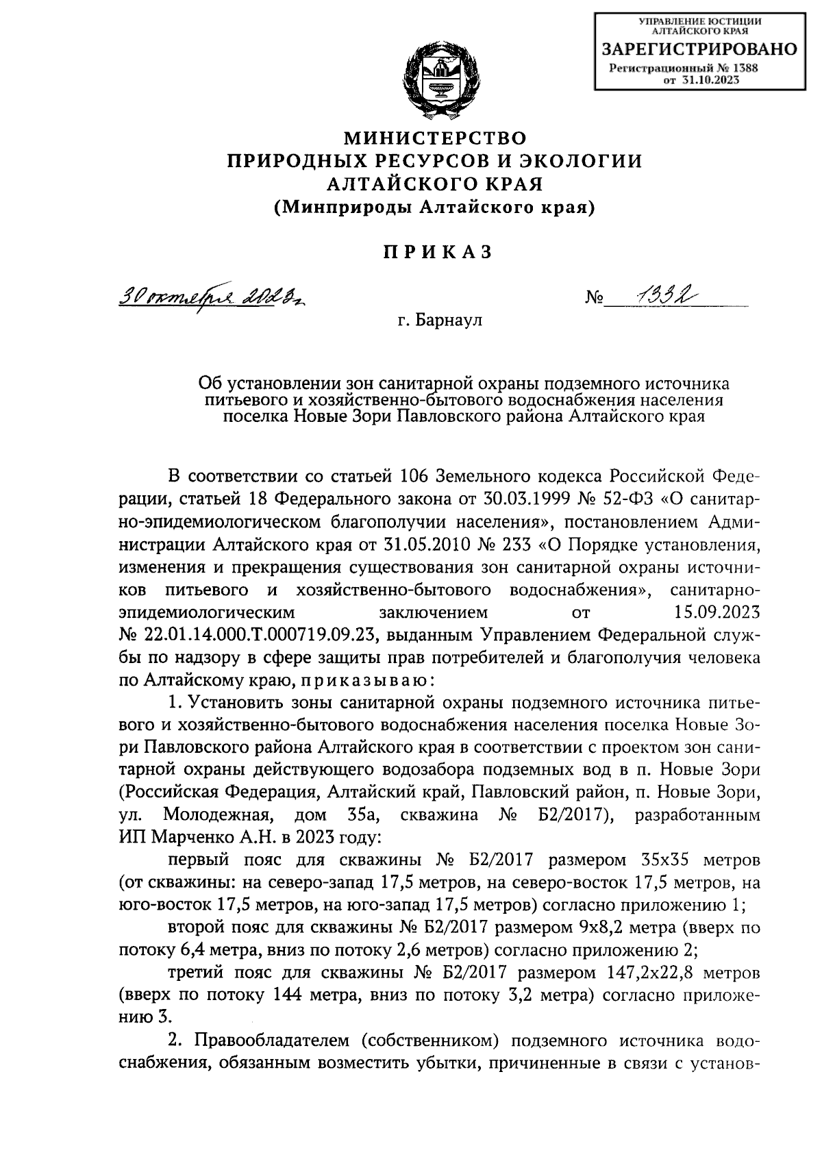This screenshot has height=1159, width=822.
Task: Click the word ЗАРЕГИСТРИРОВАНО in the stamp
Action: (x=699, y=49)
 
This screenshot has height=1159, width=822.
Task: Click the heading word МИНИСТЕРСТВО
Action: (x=435, y=138)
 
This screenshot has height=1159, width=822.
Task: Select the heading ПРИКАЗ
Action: (x=436, y=252)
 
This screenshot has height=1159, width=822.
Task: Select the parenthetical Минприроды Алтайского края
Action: (x=435, y=208)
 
